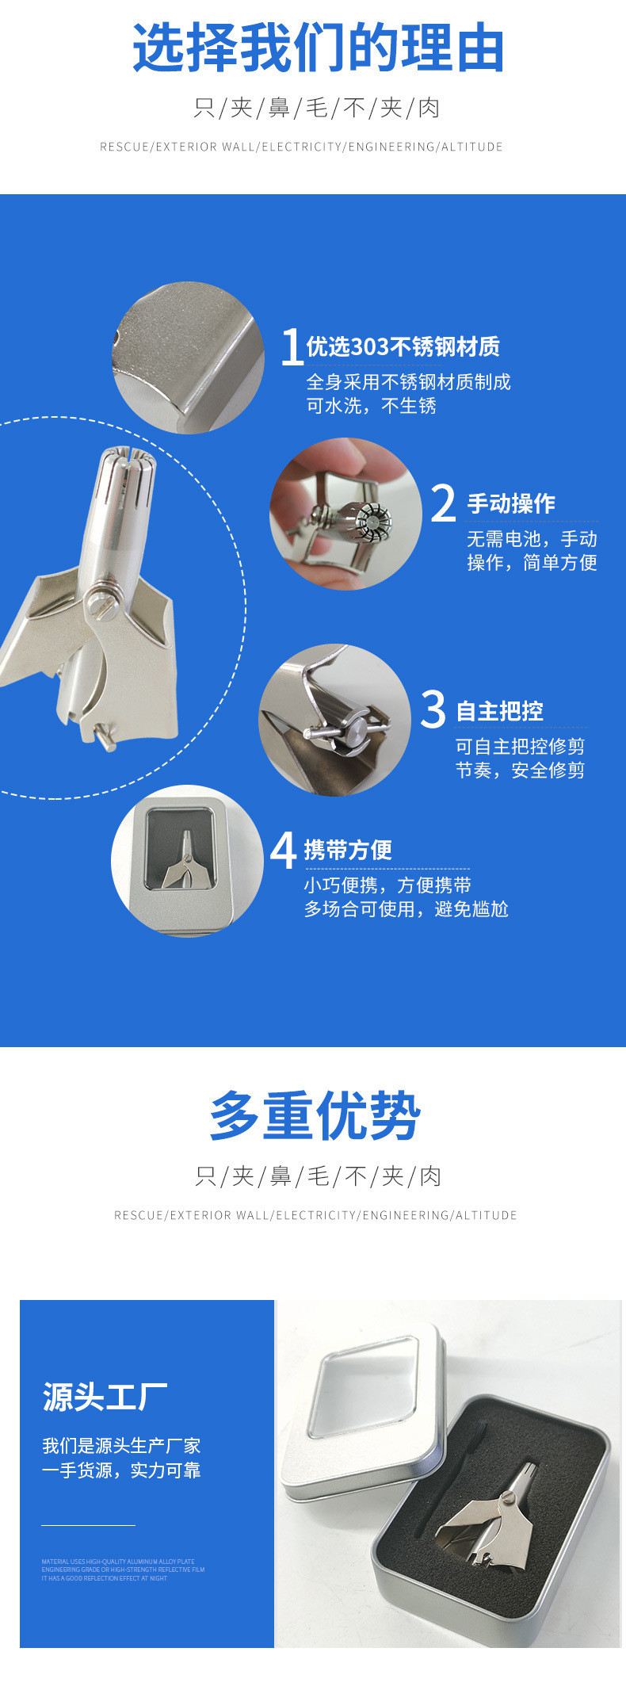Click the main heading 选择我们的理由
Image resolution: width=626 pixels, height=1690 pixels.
pos(318,48)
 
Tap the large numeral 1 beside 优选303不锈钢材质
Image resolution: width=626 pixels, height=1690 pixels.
pos(292,347)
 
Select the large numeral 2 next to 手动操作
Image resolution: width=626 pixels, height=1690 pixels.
pos(443,504)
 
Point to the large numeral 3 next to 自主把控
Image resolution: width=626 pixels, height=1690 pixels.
pos(433,709)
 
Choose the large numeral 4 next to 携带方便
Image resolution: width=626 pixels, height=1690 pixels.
pos(283,850)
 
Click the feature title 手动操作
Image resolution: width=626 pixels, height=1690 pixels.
pos(511,503)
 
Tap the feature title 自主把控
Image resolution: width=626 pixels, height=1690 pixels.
pos(499,711)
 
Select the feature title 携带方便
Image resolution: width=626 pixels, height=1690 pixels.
pos(348,850)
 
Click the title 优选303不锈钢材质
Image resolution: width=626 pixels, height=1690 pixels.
pos(403,347)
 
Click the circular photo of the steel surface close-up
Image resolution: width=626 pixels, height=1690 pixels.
pos(188,357)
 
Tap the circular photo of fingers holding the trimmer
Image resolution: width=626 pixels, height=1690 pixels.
pos(345,514)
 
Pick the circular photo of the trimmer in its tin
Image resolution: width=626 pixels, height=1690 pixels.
pos(186,860)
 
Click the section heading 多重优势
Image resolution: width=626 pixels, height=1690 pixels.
pos(315,1116)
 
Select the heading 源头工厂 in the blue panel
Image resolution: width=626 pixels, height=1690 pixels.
pos(105,1397)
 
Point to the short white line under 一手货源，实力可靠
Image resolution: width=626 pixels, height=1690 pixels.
pos(88,1524)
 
